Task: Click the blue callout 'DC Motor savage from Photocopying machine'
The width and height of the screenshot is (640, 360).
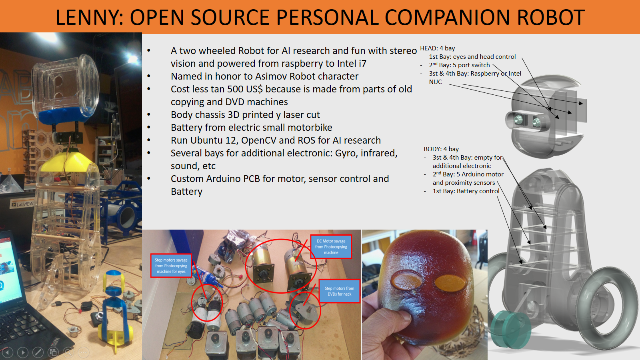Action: click(331, 247)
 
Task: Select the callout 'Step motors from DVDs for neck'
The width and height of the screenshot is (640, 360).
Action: click(340, 291)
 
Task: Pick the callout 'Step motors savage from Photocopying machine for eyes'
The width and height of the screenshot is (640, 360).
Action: click(171, 266)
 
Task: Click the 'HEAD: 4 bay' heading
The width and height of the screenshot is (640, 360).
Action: click(438, 48)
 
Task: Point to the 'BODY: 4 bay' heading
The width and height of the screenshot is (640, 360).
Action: click(441, 149)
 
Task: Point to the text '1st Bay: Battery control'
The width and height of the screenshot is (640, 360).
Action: click(466, 191)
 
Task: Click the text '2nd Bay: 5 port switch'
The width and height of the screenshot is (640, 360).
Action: click(460, 65)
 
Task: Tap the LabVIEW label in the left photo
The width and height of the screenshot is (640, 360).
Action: click(22, 204)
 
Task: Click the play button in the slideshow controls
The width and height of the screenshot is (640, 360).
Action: click(23, 352)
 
